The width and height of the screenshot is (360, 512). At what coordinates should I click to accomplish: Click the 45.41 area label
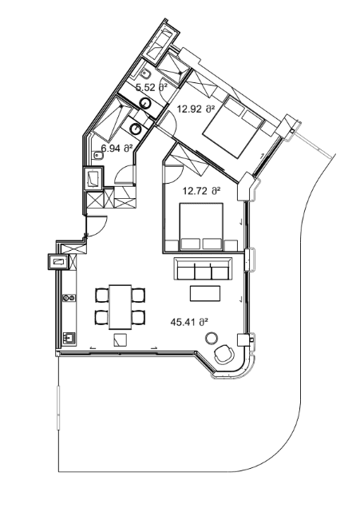pos(189,322)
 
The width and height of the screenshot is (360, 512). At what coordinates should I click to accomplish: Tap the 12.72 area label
pos(201,191)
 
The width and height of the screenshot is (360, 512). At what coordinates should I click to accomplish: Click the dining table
pos(121,304)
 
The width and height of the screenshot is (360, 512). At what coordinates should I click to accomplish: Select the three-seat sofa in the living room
pos(204,268)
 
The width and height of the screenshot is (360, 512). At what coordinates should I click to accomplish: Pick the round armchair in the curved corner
pos(223,352)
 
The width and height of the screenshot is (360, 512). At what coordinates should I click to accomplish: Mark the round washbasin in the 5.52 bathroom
pos(148,104)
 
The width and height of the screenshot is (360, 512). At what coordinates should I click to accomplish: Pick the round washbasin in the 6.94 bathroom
pos(136,128)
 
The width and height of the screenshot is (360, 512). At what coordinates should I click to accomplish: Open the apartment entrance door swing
pos(97,226)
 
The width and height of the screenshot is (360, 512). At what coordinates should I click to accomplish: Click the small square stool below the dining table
pos(119,339)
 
